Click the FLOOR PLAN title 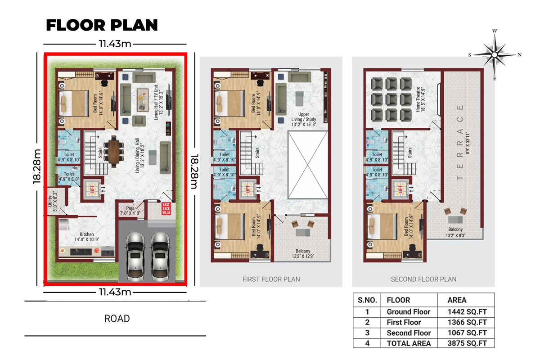(x=102, y=25)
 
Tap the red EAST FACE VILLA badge (x=166, y=208)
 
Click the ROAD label (x=117, y=319)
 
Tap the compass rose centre (x=495, y=55)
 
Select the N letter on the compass (x=519, y=55)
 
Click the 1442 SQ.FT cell (x=467, y=312)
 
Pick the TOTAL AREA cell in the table (x=409, y=343)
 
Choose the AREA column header (x=457, y=300)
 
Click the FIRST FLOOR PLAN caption (x=271, y=279)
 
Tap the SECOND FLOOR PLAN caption (x=423, y=279)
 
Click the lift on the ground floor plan (x=92, y=189)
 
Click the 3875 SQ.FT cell (x=467, y=343)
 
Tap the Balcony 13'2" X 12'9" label (x=303, y=254)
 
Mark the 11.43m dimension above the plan (x=115, y=44)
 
